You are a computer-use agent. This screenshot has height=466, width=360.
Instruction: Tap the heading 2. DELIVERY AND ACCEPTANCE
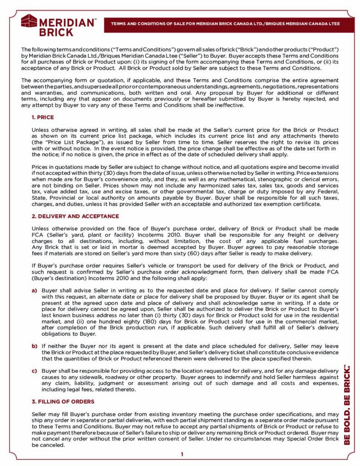coord(75,216)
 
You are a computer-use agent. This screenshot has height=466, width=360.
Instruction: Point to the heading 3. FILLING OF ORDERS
coord(63,401)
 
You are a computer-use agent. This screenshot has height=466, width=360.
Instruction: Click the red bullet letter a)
coord(34,290)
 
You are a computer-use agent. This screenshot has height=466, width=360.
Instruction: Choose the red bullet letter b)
coord(34,346)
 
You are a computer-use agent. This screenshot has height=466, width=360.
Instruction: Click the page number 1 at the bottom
coord(182,454)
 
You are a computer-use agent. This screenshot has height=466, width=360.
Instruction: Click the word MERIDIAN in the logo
coord(68,22)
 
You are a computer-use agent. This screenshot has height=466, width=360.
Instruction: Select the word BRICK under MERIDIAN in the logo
coord(56,32)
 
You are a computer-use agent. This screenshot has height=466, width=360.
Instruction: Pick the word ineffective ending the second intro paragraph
coord(227,106)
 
